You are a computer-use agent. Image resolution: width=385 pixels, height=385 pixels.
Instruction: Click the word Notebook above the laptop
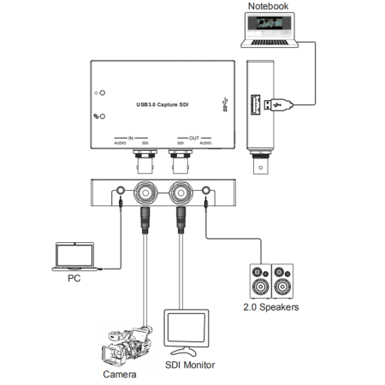pyautogui.click(x=268, y=7)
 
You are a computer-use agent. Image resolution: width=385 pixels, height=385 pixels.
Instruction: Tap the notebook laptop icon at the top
pyautogui.click(x=269, y=32)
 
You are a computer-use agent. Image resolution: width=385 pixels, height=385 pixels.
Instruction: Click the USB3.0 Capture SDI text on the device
pyautogui.click(x=163, y=104)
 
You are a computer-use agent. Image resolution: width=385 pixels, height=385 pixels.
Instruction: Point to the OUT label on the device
pyautogui.click(x=194, y=137)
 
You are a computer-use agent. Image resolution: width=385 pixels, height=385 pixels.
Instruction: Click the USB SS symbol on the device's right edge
pyautogui.click(x=226, y=107)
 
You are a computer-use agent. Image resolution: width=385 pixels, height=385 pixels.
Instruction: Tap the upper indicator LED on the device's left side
pyautogui.click(x=103, y=92)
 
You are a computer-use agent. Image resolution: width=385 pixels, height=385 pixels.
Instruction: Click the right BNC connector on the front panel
pyautogui.click(x=181, y=192)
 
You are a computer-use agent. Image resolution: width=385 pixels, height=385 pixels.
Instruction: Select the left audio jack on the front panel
pyautogui.click(x=121, y=192)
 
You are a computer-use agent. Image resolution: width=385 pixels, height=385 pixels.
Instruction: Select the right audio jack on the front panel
pyautogui.click(x=207, y=192)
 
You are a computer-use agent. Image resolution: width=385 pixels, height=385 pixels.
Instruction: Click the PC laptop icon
pyautogui.click(x=74, y=256)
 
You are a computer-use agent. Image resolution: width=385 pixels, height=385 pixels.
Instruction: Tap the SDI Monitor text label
pyautogui.click(x=189, y=365)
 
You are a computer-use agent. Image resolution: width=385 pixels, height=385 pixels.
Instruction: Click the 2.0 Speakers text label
pyautogui.click(x=269, y=307)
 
